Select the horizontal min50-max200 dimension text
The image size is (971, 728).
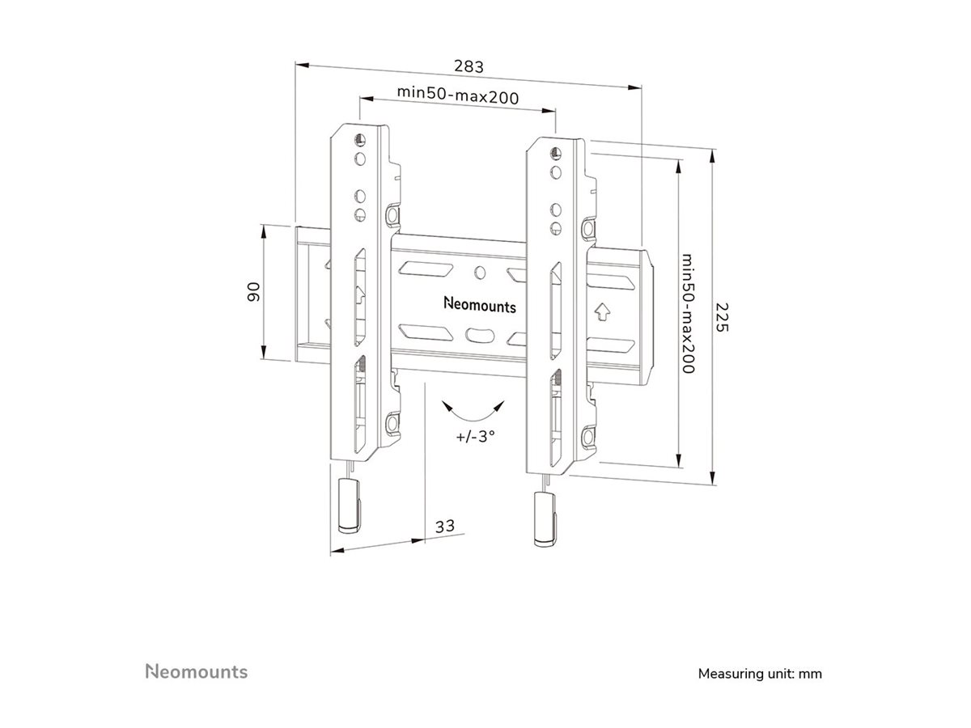tap(457, 93)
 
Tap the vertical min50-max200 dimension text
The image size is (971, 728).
tap(688, 314)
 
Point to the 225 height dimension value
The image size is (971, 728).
tap(723, 317)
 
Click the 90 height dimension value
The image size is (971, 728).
tap(252, 291)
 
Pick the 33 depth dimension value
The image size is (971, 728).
tap(444, 526)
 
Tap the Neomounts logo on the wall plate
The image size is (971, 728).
tap(480, 306)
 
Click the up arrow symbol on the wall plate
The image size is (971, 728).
tap(600, 310)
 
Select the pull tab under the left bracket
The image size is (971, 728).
tap(348, 505)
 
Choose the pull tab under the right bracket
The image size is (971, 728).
tap(545, 518)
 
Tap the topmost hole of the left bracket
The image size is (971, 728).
tap(359, 138)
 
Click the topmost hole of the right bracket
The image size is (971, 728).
tap(555, 153)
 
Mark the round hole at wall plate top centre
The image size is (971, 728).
tap(479, 272)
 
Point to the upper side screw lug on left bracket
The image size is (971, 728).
tap(393, 216)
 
